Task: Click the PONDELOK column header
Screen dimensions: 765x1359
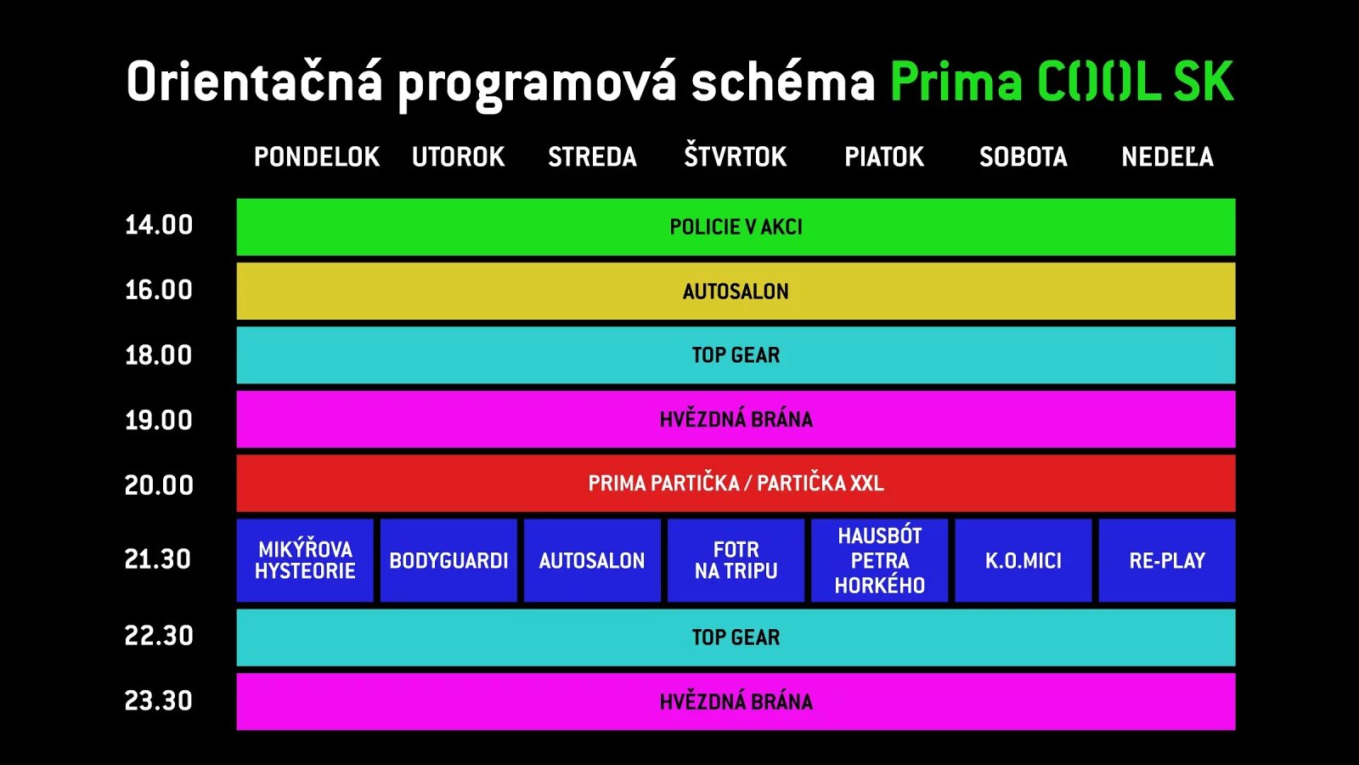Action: (x=316, y=157)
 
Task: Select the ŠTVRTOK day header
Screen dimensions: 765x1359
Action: (x=736, y=157)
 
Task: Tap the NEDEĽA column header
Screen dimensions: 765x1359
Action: (x=1167, y=157)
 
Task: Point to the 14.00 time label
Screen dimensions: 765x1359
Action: (x=159, y=225)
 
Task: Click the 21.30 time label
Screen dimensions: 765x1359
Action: (x=158, y=559)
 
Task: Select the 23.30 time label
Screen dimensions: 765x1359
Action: (x=159, y=701)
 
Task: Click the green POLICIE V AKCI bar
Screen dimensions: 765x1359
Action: (x=736, y=227)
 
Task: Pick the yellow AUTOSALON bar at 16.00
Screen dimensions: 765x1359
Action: (x=736, y=292)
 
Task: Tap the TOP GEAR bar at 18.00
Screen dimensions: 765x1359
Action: (x=736, y=355)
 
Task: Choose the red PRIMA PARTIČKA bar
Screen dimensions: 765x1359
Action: (x=736, y=484)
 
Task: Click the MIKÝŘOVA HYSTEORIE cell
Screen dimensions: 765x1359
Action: (x=305, y=560)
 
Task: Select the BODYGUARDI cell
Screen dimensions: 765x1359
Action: (x=448, y=561)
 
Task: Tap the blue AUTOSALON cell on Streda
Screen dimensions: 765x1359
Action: (x=592, y=561)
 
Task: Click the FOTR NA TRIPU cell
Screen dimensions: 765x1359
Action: (x=736, y=560)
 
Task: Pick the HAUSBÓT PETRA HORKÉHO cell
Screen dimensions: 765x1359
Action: (x=879, y=560)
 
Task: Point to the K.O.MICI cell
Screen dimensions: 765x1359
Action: (x=1023, y=561)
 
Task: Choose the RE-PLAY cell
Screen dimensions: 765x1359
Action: (x=1167, y=561)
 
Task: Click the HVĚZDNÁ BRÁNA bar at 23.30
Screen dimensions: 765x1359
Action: (x=736, y=702)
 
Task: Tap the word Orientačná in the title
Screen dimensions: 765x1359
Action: (x=254, y=82)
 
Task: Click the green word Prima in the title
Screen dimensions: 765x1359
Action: (x=956, y=82)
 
